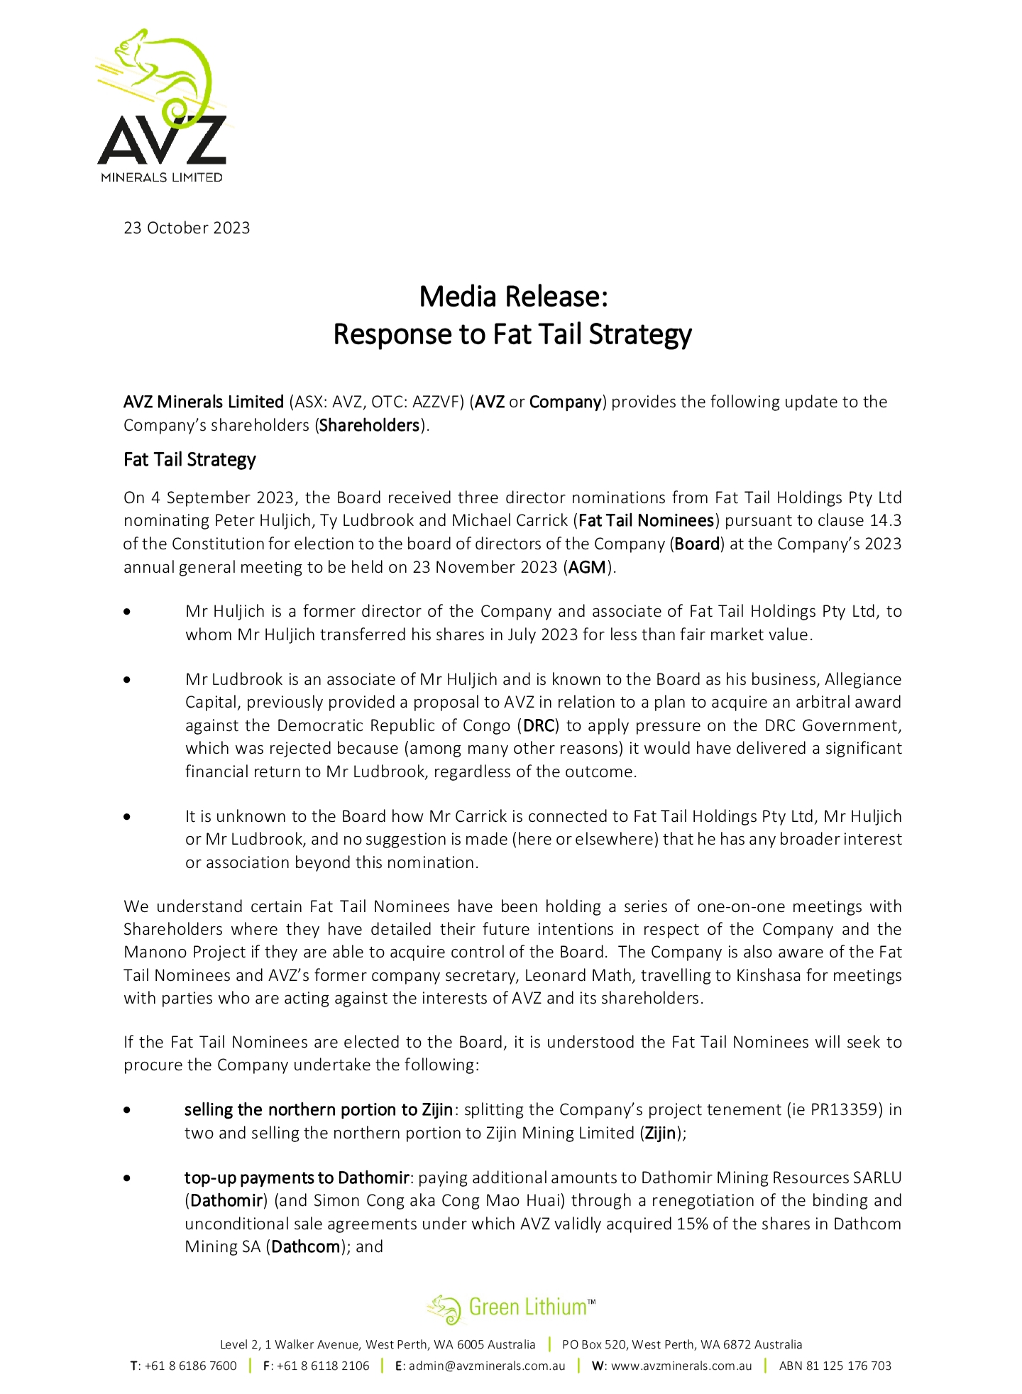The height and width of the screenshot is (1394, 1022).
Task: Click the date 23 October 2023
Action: click(187, 228)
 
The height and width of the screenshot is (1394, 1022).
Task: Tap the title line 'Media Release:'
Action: click(513, 297)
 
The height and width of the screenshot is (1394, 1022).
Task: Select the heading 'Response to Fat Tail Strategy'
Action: click(512, 334)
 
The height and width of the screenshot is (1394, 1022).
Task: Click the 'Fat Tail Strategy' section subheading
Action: click(189, 460)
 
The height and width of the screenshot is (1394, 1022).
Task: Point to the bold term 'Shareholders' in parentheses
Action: click(370, 425)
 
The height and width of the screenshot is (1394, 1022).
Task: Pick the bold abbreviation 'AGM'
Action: click(588, 567)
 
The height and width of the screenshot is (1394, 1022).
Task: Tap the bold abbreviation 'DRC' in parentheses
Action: click(539, 725)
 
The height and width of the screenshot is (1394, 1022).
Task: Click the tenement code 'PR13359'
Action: click(845, 1109)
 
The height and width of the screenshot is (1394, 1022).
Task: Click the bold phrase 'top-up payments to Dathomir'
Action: click(297, 1178)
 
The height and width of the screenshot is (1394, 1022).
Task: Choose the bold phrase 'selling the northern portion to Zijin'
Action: click(319, 1109)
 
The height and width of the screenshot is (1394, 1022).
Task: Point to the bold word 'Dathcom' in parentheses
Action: click(305, 1246)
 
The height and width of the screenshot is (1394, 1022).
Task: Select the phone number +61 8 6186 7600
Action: click(190, 1366)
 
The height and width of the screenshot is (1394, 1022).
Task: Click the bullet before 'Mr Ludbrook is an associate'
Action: click(127, 679)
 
